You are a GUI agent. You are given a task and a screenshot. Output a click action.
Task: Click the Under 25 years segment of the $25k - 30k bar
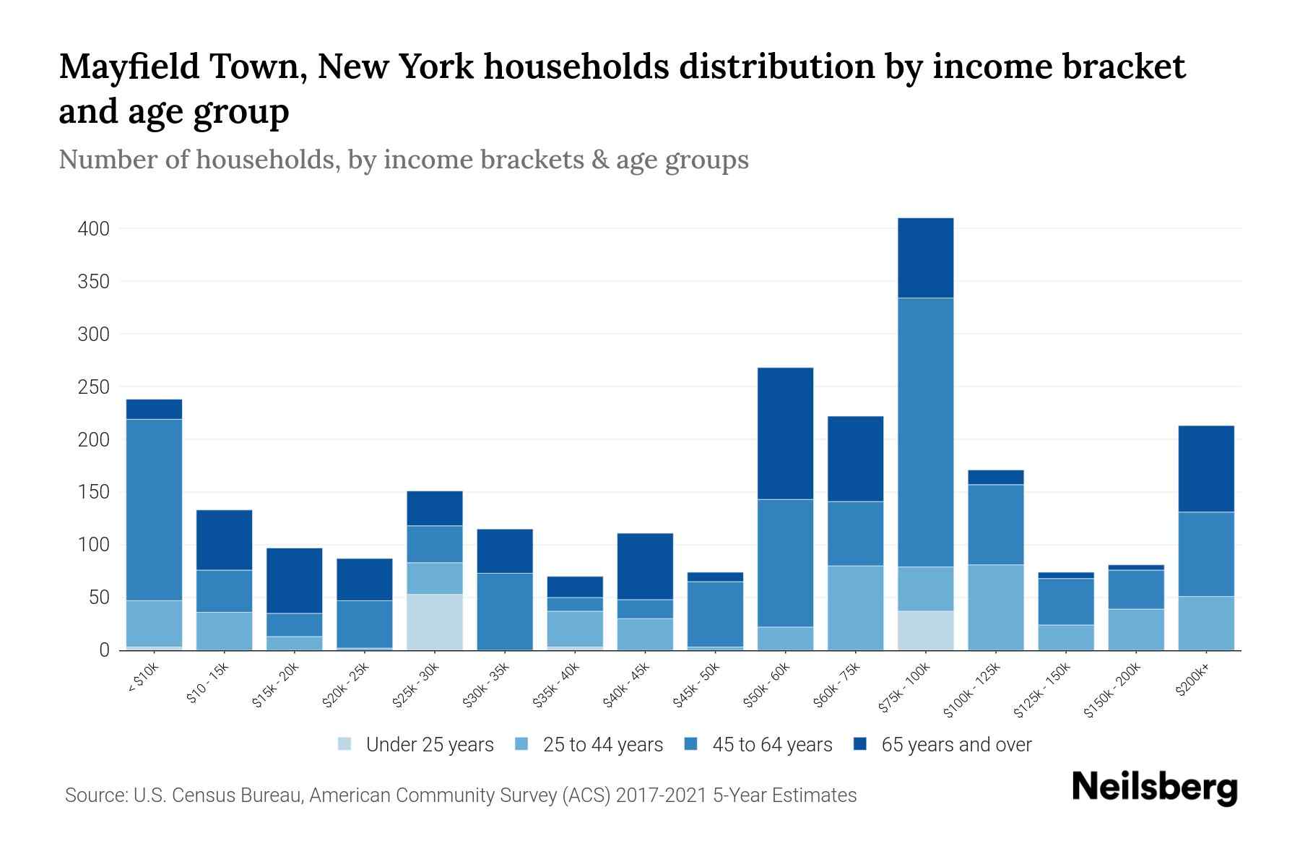(435, 622)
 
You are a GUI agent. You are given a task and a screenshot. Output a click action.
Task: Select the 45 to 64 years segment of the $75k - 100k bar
(926, 432)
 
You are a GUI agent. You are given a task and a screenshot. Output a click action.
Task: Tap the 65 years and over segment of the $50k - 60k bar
(786, 433)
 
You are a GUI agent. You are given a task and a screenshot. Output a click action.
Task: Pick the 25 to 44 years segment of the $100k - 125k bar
(996, 608)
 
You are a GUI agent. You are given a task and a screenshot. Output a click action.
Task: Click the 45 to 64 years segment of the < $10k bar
(154, 509)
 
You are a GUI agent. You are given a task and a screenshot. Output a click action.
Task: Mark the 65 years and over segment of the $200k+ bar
(1206, 469)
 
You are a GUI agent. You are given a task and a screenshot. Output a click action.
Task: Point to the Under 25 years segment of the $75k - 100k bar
(926, 631)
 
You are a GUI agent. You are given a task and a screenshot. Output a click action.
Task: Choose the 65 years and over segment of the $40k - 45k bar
(645, 566)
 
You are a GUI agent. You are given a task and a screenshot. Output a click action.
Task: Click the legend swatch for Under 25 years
(345, 744)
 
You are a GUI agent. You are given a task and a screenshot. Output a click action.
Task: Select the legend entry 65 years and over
(956, 744)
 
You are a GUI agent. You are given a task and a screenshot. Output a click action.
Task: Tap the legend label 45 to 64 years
(772, 744)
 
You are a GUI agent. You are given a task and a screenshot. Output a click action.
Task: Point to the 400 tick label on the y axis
(93, 229)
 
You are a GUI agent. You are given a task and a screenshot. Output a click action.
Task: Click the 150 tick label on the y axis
(93, 493)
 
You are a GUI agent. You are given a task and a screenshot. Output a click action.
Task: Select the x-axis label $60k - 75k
(837, 685)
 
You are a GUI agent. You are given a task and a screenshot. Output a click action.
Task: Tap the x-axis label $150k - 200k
(1112, 690)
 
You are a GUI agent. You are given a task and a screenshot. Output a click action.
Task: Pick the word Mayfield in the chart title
(129, 66)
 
